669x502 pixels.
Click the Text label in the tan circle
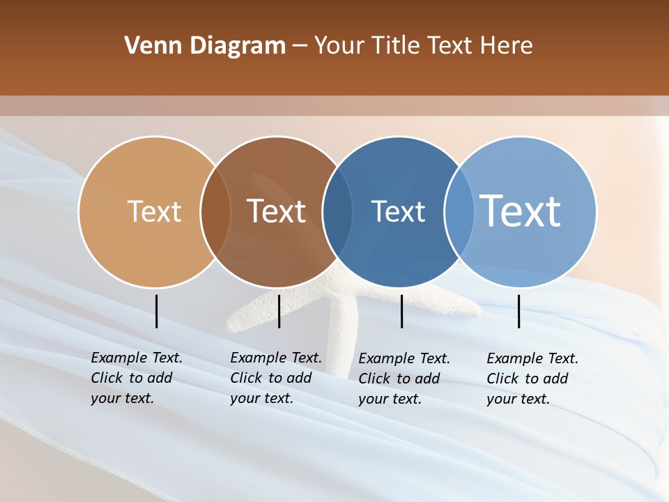[154, 211]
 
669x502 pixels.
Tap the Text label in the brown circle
[276, 211]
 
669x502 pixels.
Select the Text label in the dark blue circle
[398, 211]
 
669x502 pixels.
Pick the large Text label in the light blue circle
[521, 211]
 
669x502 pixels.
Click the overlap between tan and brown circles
[215, 211]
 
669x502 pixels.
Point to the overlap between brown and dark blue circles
[337, 211]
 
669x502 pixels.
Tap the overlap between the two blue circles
[459, 211]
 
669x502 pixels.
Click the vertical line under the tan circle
[156, 311]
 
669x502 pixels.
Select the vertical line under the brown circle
[279, 311]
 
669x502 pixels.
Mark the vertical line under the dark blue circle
[401, 311]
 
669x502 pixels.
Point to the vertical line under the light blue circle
[518, 311]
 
